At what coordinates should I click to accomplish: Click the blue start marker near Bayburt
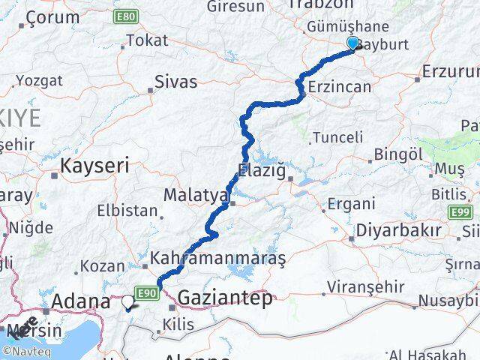pos(353,43)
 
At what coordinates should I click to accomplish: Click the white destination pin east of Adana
pos(128,302)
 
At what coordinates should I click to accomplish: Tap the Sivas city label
pos(175,82)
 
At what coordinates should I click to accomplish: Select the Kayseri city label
pos(95,165)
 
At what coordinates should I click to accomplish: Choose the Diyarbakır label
pos(398,230)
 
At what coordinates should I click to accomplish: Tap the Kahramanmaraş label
pos(218,259)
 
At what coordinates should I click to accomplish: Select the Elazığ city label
pos(262,169)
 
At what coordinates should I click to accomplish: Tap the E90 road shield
pos(146,292)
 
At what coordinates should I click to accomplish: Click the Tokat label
pos(148,41)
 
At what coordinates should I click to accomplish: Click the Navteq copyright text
pos(29,350)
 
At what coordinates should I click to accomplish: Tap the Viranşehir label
pos(364,287)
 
